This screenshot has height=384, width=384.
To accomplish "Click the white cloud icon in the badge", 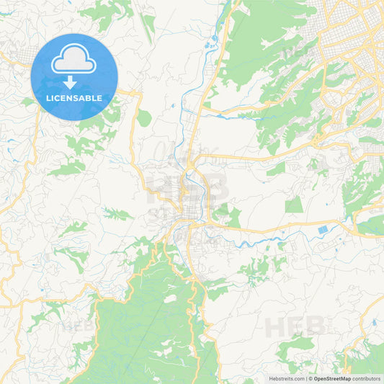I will click(x=74, y=60).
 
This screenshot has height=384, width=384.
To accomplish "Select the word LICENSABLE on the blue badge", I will click(x=75, y=98).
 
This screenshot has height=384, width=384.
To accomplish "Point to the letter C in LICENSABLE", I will click(x=61, y=98).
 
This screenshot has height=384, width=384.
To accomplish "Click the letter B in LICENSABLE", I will click(x=89, y=98).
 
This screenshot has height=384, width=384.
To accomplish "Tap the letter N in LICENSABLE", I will click(x=71, y=98).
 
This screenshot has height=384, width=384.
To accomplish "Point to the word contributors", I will click(x=366, y=378).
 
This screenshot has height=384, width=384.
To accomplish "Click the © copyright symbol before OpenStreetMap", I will click(x=311, y=378).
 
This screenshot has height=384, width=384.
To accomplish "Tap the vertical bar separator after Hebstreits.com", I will click(x=305, y=378).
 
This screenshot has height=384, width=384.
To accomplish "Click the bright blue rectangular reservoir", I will click(x=321, y=230).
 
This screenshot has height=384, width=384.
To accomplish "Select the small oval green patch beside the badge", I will click(x=144, y=118).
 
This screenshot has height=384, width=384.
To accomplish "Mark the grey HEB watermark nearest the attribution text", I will click(x=295, y=328).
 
